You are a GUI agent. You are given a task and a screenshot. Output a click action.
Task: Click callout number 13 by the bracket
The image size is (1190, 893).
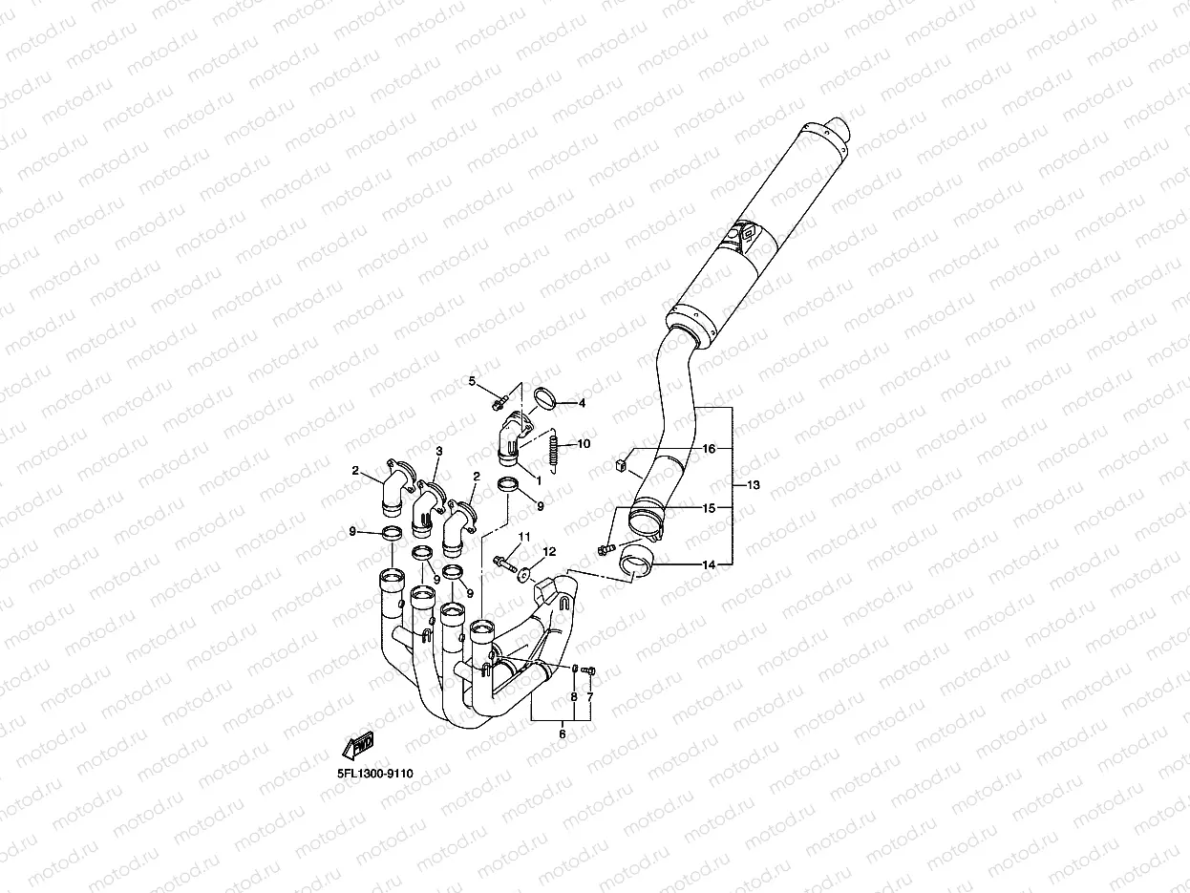click(753, 485)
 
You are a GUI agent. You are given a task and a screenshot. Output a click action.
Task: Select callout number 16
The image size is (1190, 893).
click(709, 448)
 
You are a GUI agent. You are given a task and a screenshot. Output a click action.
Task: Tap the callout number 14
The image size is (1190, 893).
click(709, 564)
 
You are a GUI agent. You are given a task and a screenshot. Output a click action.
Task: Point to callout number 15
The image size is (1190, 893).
click(709, 507)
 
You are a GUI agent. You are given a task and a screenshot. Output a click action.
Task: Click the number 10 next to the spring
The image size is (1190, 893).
click(584, 444)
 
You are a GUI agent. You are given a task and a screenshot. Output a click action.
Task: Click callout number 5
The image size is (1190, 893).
click(471, 381)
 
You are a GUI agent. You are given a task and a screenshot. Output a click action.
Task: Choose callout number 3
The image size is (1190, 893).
click(439, 451)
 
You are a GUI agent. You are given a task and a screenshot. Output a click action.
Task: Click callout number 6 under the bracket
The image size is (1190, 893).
click(562, 734)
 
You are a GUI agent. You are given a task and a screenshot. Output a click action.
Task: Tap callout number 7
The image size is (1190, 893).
click(589, 697)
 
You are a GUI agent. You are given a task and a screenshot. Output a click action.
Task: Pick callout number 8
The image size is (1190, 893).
click(574, 697)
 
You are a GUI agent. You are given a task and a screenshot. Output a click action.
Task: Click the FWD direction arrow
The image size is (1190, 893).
click(359, 744)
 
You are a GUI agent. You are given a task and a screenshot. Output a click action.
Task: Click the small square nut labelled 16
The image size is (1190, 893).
click(619, 466)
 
